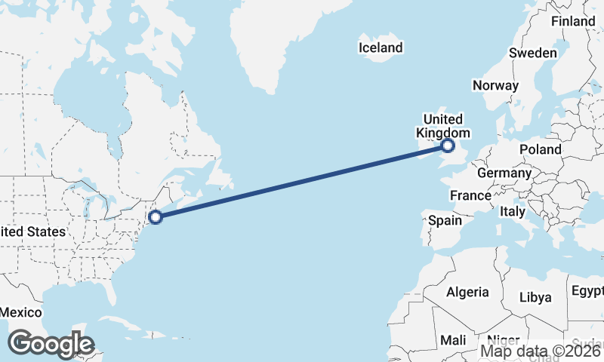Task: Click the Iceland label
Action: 381,48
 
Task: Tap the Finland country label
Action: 573,22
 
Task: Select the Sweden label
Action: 533,53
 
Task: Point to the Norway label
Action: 495,85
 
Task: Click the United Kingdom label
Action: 442,126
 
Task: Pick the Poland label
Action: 540,150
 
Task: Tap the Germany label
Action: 504,173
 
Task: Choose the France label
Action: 470,195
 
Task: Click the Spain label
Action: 445,221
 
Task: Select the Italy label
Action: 513,213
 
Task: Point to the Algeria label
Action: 467,292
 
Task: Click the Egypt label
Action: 587,291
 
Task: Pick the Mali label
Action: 453,340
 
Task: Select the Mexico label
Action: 20,312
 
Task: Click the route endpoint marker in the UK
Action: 448,146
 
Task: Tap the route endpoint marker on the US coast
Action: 156,217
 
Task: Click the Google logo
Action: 51,344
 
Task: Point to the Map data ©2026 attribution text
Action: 541,351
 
